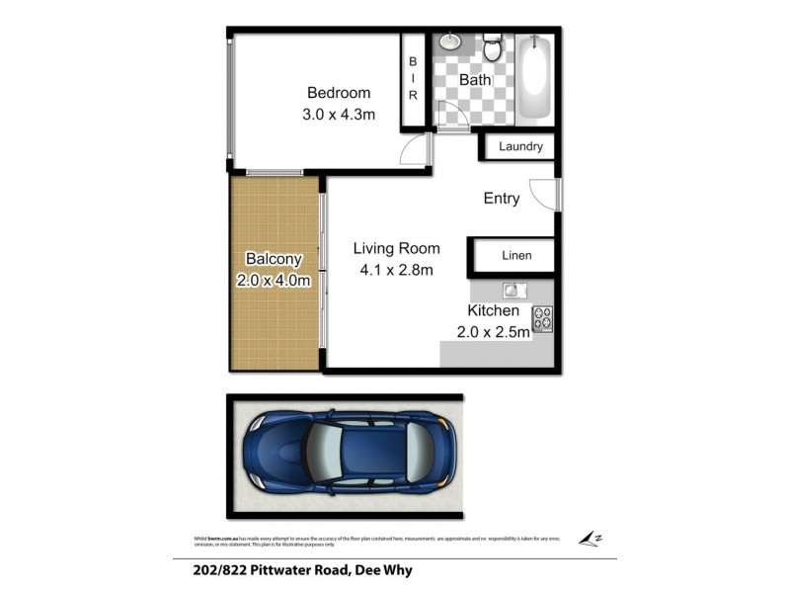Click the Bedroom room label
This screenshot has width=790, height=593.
339,93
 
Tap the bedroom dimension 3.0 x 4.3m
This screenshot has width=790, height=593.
340,115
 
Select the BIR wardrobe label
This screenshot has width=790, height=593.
413,78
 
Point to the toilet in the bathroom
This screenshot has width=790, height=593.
493,45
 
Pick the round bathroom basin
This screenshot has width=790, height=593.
449,43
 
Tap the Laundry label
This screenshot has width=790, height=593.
520,147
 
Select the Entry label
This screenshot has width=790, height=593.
502,199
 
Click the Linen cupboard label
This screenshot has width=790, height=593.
516,256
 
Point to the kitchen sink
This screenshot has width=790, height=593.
513,291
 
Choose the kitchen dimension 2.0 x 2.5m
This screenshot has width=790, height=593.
494,332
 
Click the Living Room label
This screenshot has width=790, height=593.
397,248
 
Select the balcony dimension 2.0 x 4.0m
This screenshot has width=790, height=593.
274,281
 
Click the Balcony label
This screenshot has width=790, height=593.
274,259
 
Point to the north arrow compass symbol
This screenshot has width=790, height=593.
590,538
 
